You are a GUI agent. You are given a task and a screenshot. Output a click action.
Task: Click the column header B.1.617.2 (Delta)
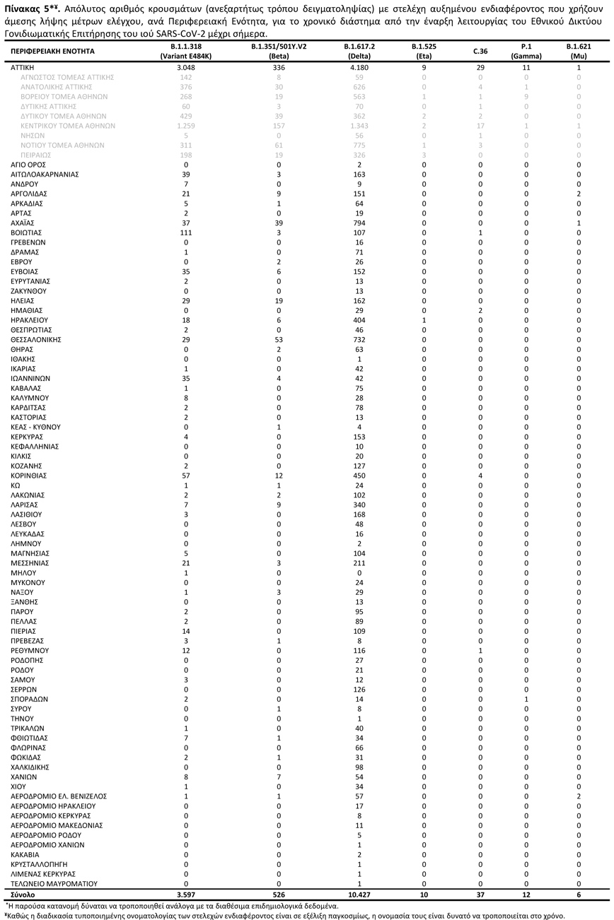point(359,51)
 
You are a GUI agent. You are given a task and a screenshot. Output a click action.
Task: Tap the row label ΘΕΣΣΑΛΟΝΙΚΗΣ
point(35,340)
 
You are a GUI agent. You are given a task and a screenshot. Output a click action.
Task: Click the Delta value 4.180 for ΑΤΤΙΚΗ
point(359,67)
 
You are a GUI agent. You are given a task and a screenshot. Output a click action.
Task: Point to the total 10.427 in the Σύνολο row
point(359,895)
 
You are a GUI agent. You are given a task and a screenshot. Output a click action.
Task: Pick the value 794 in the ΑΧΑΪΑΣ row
point(359,223)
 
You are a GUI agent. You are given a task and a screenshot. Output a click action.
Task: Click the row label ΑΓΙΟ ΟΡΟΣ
point(28,165)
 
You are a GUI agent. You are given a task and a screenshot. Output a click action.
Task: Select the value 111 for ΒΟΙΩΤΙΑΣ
point(186,232)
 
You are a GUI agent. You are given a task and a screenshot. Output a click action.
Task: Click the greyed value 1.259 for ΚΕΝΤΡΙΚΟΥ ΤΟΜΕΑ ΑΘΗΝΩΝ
point(186,125)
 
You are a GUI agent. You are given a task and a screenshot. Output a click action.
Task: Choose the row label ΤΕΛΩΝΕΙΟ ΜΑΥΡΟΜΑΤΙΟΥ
point(53,884)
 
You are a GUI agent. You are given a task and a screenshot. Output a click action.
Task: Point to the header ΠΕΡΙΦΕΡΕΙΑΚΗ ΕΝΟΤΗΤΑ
point(53,52)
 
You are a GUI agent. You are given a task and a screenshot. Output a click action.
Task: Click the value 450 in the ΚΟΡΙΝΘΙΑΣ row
point(359,476)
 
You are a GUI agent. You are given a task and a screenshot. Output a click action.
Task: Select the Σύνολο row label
point(23,895)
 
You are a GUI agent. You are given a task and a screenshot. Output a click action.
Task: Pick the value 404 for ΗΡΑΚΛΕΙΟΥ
point(359,320)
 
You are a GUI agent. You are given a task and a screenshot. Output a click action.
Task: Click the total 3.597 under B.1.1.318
point(186,895)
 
